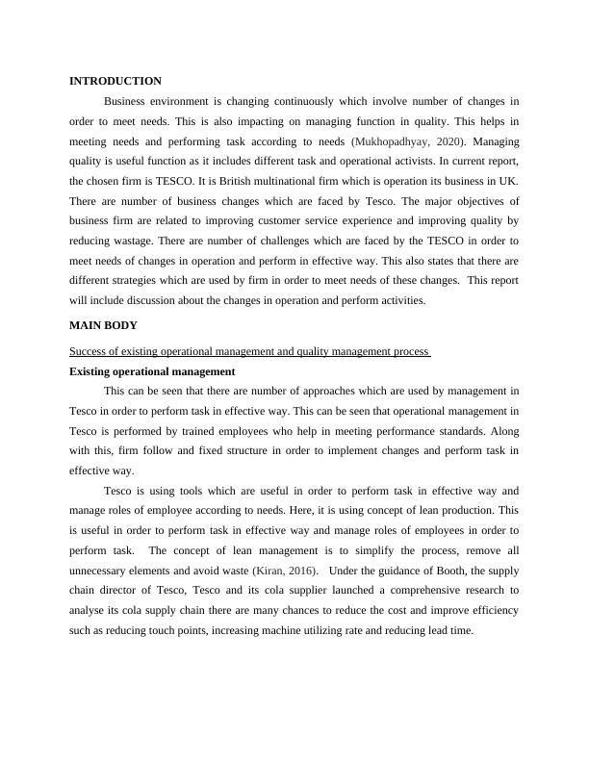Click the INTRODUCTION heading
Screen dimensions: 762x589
(x=115, y=82)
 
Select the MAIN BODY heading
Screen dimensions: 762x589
(x=105, y=326)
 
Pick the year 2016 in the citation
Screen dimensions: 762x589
(x=299, y=573)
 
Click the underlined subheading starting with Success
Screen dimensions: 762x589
(x=249, y=352)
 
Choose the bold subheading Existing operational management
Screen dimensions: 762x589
(x=153, y=371)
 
